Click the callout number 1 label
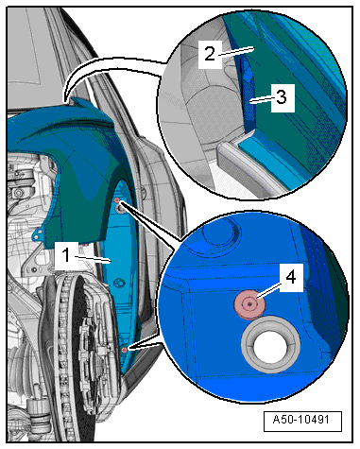click(x=66, y=255)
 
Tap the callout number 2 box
click(x=210, y=54)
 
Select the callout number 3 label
click(x=283, y=97)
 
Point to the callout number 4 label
click(x=291, y=278)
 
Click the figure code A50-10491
click(x=302, y=420)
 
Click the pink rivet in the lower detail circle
click(x=249, y=304)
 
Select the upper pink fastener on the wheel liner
click(x=117, y=200)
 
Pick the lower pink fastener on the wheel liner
click(x=125, y=350)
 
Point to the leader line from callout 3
click(x=261, y=99)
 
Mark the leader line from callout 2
click(x=236, y=51)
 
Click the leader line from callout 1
click(x=94, y=259)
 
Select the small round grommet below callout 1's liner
click(x=119, y=282)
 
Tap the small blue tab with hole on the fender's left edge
click(x=39, y=233)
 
